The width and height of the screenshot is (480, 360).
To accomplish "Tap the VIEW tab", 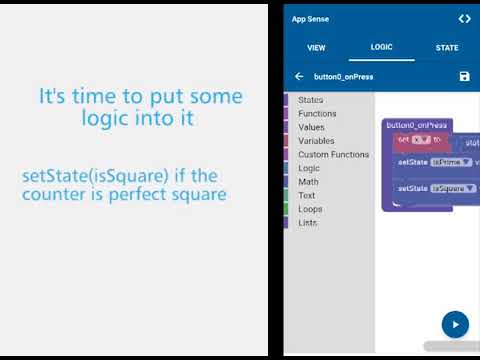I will pos(316,47).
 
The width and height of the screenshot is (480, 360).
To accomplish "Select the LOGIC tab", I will pos(381,47).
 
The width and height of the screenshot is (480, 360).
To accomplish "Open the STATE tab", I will pos(447,47).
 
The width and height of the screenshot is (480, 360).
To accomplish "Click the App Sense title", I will pos(310,19).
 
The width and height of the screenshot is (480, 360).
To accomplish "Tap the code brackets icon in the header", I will pos(464,19).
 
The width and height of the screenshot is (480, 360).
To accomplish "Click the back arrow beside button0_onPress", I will pos(299,76).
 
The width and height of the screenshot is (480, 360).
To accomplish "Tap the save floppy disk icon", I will pos(464,76).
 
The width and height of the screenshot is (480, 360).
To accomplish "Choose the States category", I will pos(310,100).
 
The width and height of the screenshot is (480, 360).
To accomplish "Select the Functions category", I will pos(317,114).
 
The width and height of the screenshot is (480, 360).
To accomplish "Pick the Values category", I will pos(311,127).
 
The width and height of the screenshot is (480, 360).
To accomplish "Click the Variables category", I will pos(316,141).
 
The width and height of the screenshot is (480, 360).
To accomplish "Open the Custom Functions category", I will pos(333,155).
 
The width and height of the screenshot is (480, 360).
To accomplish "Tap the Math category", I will pos(308,182).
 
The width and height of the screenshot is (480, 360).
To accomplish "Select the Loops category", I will pos(310,209).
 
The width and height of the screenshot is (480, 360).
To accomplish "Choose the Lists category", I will pos(308,223).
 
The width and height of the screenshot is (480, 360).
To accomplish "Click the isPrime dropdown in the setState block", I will pos(451,162).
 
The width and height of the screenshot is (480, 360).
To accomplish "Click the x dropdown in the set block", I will pos(420,139).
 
